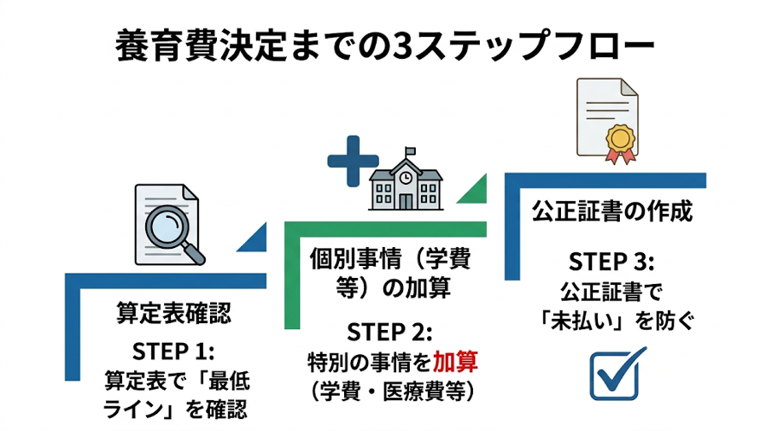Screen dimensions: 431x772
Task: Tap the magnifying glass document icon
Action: (x=170, y=223)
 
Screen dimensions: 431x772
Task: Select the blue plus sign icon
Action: (x=351, y=162)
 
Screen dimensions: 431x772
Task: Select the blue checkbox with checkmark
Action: (x=619, y=374)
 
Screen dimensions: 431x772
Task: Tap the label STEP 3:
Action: (x=611, y=262)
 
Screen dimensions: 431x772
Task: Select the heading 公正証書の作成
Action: (x=611, y=210)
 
